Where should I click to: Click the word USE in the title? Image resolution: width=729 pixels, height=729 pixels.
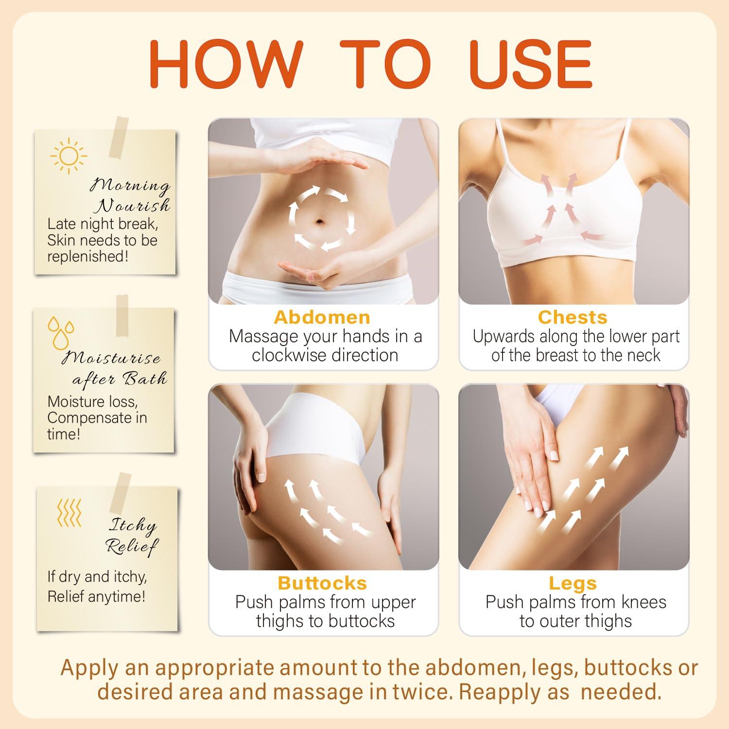point(531,64)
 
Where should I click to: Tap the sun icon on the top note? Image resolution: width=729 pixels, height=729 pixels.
point(69,156)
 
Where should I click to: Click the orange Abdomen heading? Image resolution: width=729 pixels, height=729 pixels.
point(322,317)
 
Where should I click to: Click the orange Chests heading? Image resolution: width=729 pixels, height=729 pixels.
point(573,317)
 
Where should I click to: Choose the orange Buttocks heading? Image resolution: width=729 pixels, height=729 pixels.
point(322,583)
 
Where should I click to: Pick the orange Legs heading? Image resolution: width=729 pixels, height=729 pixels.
point(573,583)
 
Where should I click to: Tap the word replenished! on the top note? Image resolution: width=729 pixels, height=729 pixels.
point(87,257)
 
